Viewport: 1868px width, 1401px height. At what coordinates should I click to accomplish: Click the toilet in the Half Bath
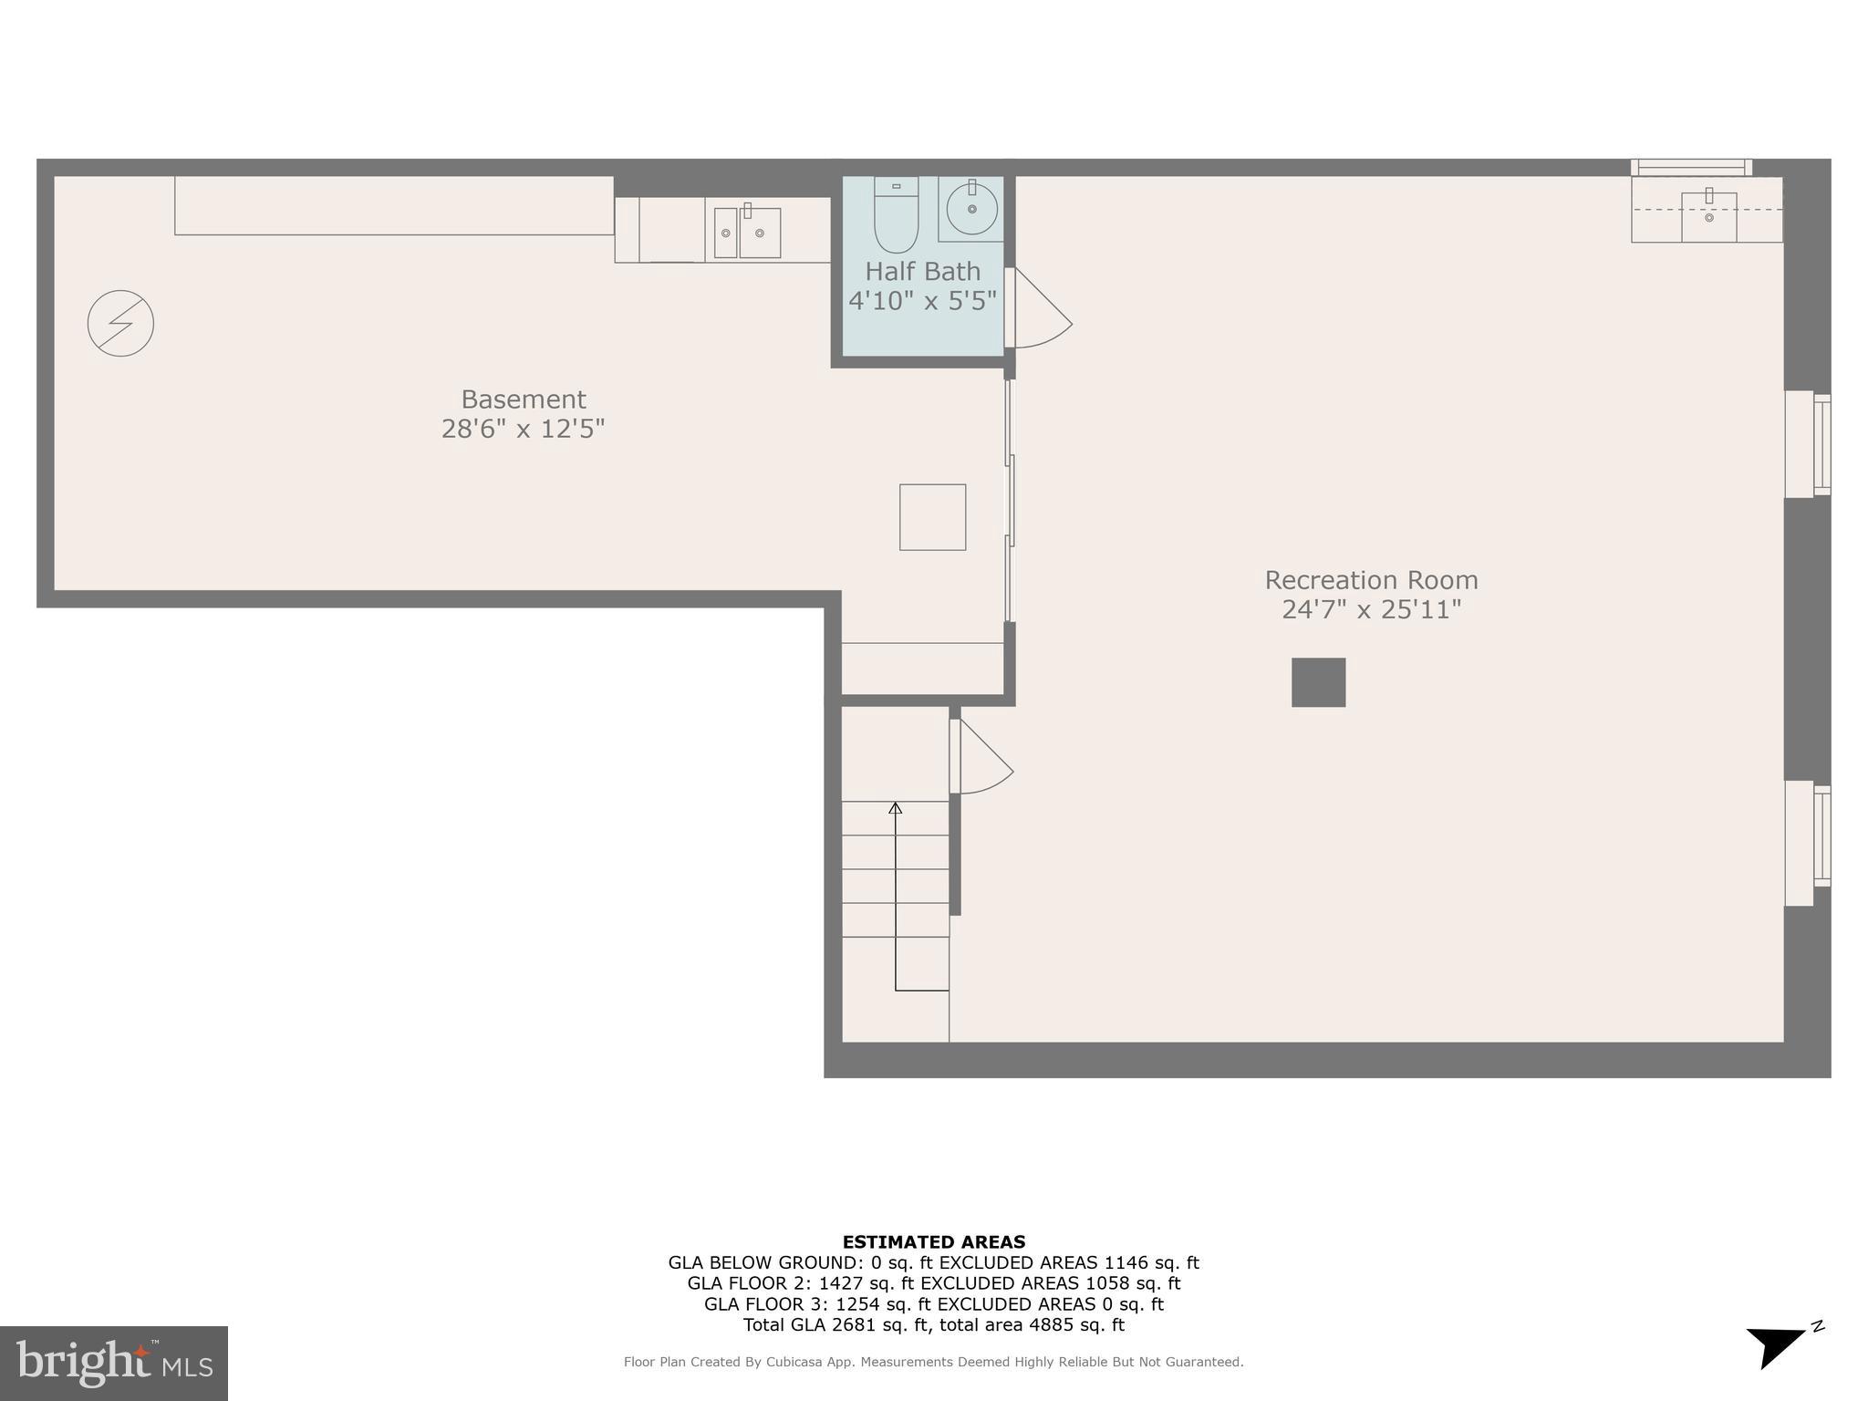pyautogui.click(x=896, y=216)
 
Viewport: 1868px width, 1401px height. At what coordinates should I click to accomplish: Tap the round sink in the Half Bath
pyautogui.click(x=971, y=209)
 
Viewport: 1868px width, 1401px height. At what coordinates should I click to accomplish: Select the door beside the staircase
pyautogui.click(x=981, y=757)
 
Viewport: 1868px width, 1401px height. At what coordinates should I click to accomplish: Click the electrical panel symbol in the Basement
pyautogui.click(x=120, y=323)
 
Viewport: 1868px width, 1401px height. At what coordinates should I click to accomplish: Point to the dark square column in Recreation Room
pyautogui.click(x=1318, y=682)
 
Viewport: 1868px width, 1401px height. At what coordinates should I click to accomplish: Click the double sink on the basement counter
pyautogui.click(x=747, y=233)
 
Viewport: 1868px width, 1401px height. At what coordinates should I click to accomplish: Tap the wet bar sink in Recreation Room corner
pyautogui.click(x=1708, y=216)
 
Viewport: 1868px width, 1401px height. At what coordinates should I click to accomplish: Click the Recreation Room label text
pyautogui.click(x=1371, y=580)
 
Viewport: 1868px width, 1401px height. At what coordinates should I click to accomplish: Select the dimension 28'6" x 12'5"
pyautogui.click(x=523, y=429)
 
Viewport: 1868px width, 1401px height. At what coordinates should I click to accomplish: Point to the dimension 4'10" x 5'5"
pyautogui.click(x=922, y=301)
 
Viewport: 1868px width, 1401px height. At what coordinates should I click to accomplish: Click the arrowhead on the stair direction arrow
pyautogui.click(x=895, y=807)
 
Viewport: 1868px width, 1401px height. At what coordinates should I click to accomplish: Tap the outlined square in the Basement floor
pyautogui.click(x=932, y=517)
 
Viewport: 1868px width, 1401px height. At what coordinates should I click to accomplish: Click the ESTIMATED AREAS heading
pyautogui.click(x=933, y=1241)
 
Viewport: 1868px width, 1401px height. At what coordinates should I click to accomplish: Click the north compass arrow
pyautogui.click(x=1775, y=1344)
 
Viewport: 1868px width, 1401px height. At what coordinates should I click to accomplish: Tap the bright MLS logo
pyautogui.click(x=114, y=1363)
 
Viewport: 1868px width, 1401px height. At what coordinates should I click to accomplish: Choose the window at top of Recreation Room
pyautogui.click(x=1690, y=167)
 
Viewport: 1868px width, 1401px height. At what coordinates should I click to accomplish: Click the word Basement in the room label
pyautogui.click(x=523, y=400)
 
